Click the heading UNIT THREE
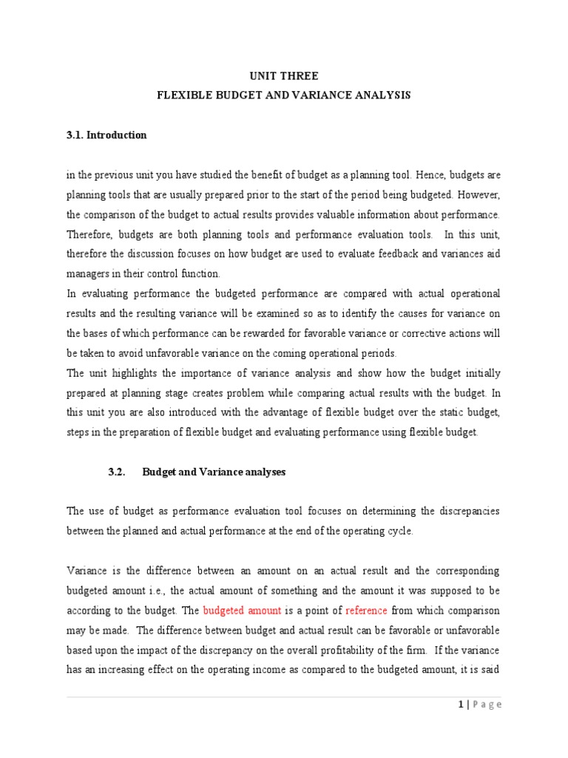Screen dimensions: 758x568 pyautogui.click(x=283, y=76)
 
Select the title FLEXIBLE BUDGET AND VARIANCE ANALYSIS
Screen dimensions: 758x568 pyautogui.click(x=283, y=95)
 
